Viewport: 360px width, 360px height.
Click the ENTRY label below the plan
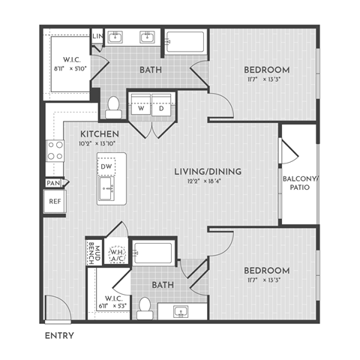59,334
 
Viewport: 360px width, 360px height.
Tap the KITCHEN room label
98,133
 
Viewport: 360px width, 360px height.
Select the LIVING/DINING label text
208,172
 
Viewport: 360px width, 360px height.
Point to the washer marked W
140,106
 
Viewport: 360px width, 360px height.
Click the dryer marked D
161,106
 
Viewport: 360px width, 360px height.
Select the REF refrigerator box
54,201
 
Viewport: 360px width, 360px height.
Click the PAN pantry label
52,182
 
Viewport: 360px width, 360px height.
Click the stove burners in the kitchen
55,150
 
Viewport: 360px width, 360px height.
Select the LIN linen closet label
97,36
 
